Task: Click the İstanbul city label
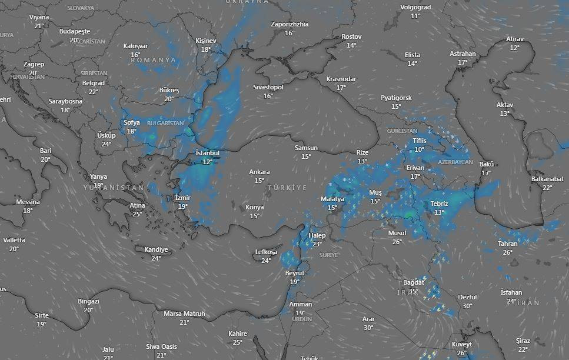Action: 207,153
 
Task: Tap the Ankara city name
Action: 259,172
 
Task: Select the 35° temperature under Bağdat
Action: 413,291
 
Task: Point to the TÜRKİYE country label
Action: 288,187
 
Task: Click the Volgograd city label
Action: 415,7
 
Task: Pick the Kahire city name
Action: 238,334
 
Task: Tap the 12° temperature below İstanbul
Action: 207,162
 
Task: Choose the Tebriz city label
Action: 439,204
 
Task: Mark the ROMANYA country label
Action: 154,60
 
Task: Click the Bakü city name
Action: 486,164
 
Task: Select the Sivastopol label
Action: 268,87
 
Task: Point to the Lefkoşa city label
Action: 266,252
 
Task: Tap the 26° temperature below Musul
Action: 397,242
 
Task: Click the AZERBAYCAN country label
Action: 455,162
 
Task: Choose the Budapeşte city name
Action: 75,31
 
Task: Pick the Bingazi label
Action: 88,301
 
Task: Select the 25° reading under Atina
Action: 137,214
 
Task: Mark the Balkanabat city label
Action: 547,179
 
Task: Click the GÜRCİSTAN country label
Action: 402,131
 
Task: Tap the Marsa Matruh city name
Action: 184,314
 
